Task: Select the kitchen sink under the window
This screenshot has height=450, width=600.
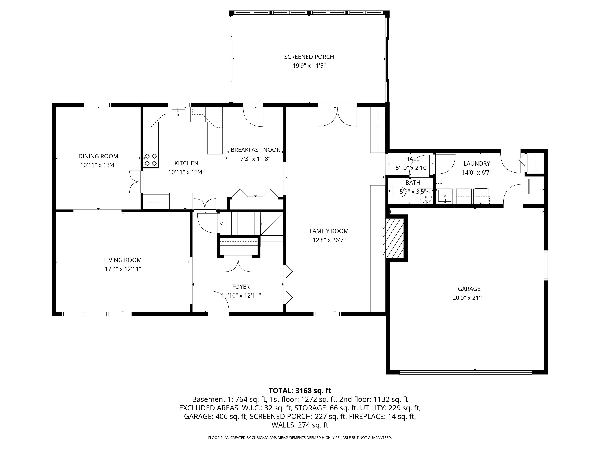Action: [178, 115]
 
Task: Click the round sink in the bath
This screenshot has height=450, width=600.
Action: [425, 197]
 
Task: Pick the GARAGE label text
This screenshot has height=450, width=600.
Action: [469, 289]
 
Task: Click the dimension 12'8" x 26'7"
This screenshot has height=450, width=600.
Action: [329, 240]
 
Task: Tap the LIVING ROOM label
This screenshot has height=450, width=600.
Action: [123, 260]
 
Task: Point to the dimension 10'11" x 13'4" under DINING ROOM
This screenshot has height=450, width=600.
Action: [98, 165]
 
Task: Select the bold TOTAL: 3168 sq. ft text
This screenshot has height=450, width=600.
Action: [300, 391]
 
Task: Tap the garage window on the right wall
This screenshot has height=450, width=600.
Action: [546, 265]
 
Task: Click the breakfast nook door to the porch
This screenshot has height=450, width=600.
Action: [253, 116]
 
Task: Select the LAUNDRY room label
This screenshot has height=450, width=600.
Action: [477, 163]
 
